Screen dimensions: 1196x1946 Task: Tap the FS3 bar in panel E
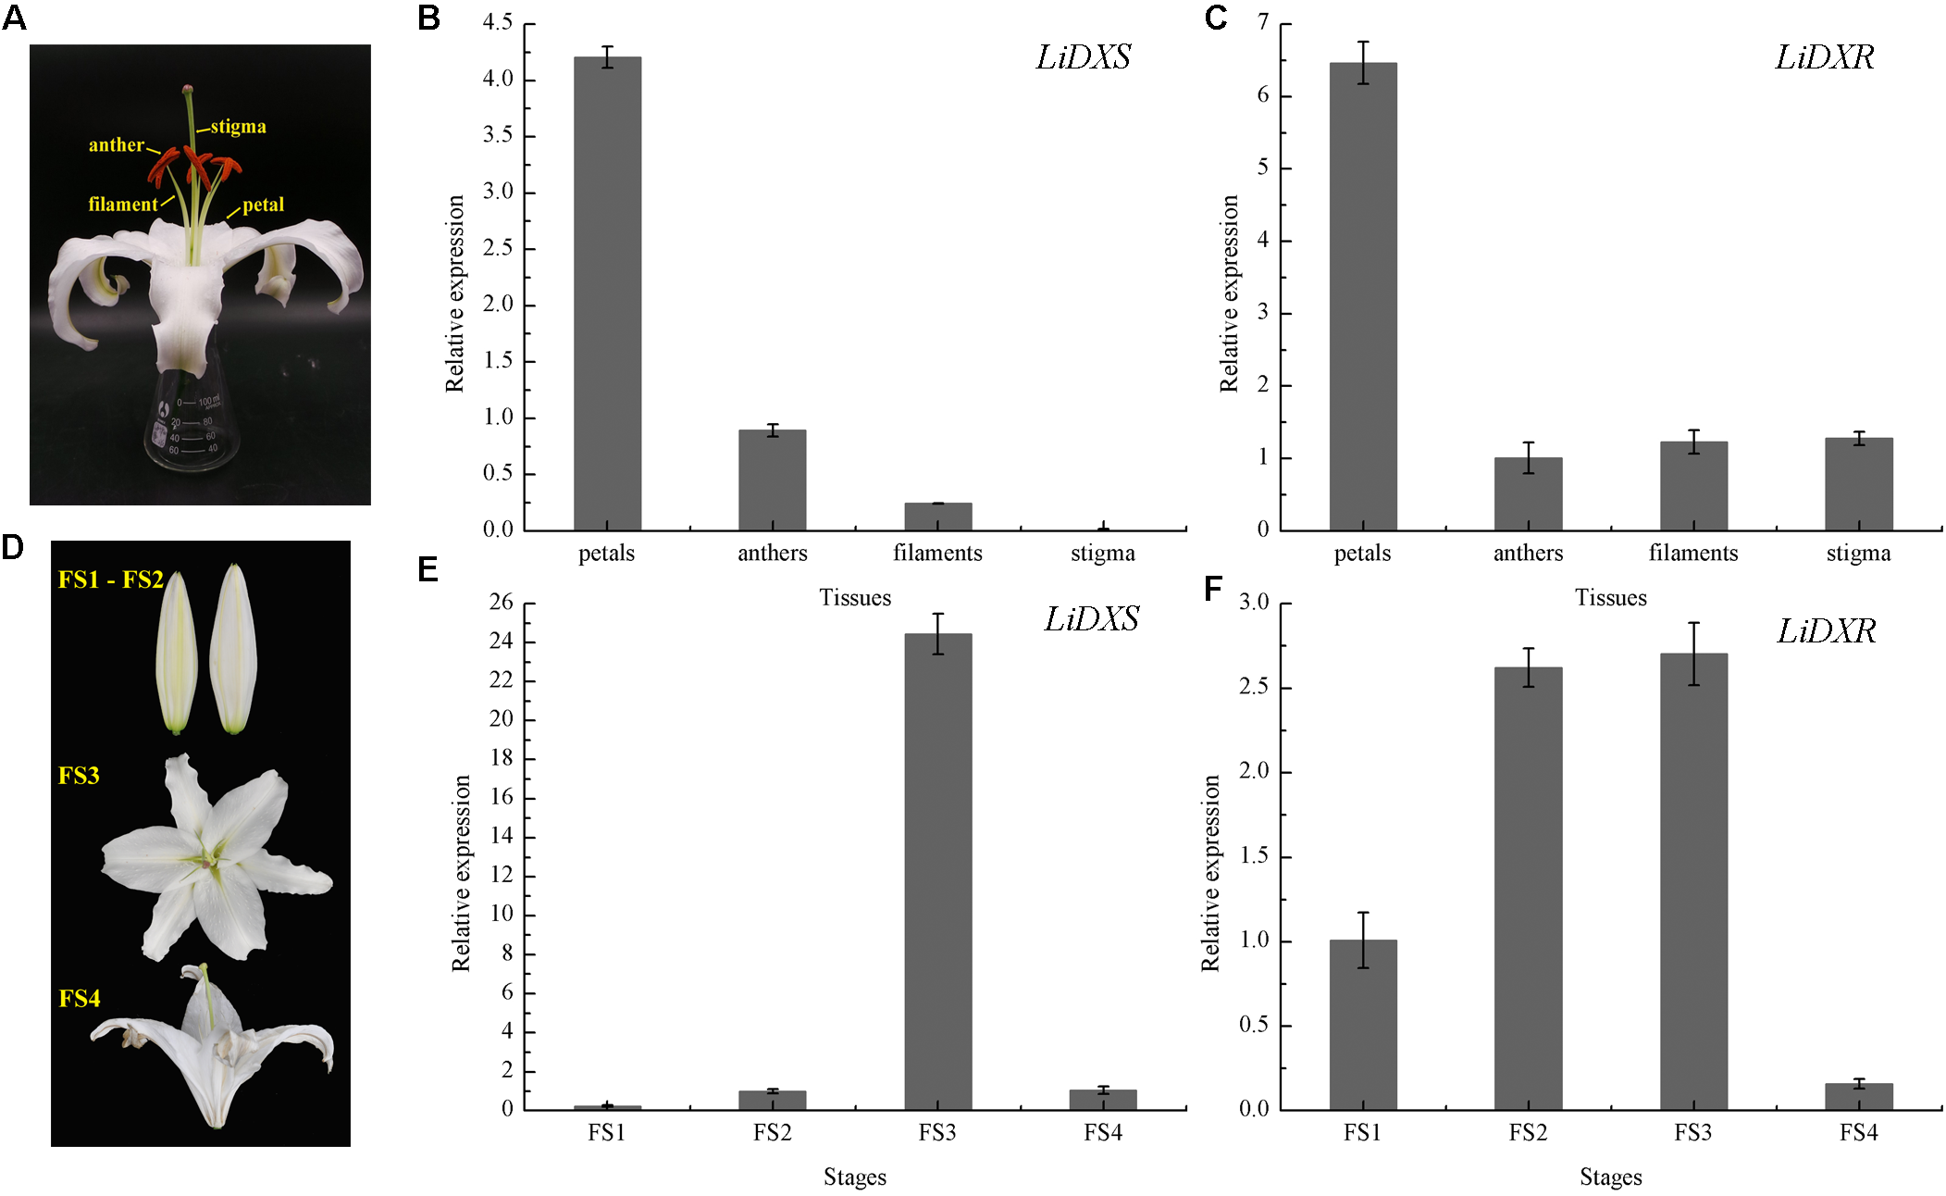pyautogui.click(x=937, y=870)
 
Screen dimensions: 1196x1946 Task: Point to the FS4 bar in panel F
pyautogui.click(x=1858, y=1096)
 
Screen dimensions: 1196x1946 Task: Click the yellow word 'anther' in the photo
pyautogui.click(x=117, y=144)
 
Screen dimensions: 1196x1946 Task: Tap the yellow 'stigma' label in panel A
pyautogui.click(x=238, y=126)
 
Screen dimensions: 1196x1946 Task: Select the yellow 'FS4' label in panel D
pyautogui.click(x=80, y=998)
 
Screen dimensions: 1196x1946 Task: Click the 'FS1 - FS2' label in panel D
pyautogui.click(x=110, y=579)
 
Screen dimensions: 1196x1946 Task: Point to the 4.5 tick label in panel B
pyautogui.click(x=498, y=22)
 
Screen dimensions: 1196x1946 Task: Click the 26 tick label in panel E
pyautogui.click(x=501, y=602)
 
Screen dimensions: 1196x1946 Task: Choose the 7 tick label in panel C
pyautogui.click(x=1263, y=22)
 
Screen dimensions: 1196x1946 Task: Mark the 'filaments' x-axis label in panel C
pyautogui.click(x=1692, y=553)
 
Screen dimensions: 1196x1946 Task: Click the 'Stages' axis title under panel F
pyautogui.click(x=1610, y=1177)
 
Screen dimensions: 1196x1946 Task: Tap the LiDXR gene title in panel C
pyautogui.click(x=1824, y=57)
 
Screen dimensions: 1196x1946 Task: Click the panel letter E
pyautogui.click(x=428, y=568)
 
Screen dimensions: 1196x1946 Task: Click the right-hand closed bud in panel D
pyautogui.click(x=233, y=648)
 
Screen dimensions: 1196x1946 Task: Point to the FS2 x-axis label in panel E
pyautogui.click(x=772, y=1132)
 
